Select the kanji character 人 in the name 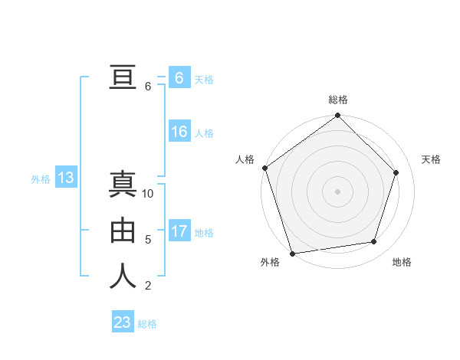coord(123,277)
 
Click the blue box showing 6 coord(179,78)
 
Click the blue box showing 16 coord(179,132)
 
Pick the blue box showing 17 coord(179,231)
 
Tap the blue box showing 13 coord(66,178)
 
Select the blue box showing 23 coord(123,322)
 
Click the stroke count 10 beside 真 coord(148,194)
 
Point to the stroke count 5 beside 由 coord(148,240)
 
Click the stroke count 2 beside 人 coord(148,286)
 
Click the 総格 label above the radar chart coord(338,100)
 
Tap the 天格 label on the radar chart coord(432,159)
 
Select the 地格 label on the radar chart coord(402,262)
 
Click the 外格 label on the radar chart coord(270,262)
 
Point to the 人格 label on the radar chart coord(245,159)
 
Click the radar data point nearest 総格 coord(338,116)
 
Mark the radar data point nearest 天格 coord(396,172)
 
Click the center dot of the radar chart coord(338,191)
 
